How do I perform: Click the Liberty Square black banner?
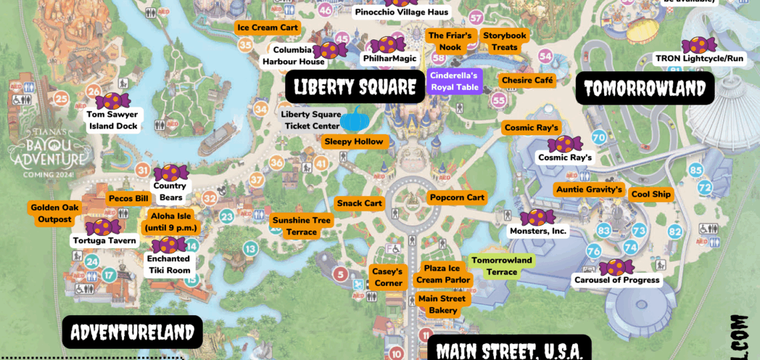point(355,87)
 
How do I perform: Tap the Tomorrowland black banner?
point(645,88)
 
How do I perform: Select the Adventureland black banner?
point(132,332)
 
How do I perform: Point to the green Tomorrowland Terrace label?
point(501,266)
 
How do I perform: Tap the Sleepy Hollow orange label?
point(353,141)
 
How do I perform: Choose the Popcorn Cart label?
point(457,197)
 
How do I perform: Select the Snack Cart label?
point(359,203)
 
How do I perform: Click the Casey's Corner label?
point(388,277)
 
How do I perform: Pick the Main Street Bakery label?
point(443,305)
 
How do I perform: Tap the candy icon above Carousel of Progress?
point(616,267)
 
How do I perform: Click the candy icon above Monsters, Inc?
point(537,217)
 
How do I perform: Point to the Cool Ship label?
point(651,195)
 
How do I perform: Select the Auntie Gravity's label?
point(589,190)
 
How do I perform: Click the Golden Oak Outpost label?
point(55,213)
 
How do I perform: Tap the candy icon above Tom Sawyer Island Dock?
point(113,101)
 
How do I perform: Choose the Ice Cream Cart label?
point(267,27)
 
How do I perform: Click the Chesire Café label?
point(527,81)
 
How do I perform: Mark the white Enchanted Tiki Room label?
point(169,265)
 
